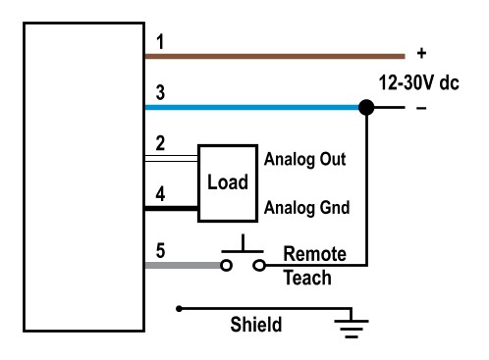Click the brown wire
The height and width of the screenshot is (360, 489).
point(275,57)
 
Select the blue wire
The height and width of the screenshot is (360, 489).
point(255,108)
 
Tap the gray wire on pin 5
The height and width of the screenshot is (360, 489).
point(182,264)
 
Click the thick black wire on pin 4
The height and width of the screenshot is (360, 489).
point(172,208)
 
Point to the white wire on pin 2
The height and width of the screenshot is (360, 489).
point(172,156)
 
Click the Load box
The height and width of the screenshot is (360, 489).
point(227,182)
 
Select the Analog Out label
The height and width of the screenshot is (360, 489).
point(305,157)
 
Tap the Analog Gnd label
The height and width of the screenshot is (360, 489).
point(305,208)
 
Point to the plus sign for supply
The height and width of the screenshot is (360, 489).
point(421,55)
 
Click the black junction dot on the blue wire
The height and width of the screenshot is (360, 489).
point(365,108)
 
